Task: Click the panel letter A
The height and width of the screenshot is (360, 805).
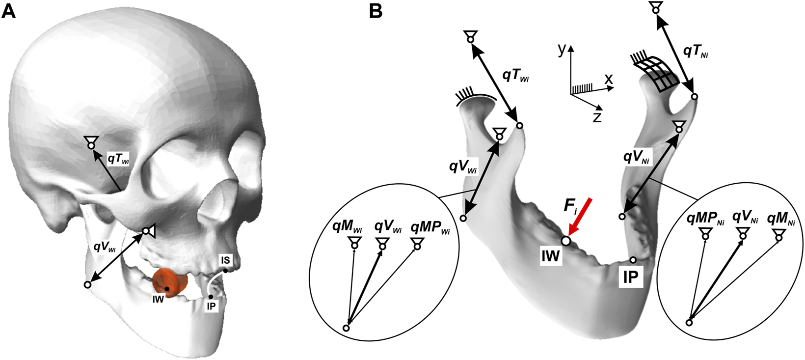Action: click(9, 11)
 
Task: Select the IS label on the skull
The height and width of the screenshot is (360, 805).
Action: click(225, 260)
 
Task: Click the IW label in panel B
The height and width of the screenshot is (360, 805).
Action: click(550, 256)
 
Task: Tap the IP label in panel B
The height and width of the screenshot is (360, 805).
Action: click(631, 277)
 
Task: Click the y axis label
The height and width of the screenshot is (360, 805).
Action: click(563, 49)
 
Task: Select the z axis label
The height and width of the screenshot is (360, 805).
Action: click(597, 117)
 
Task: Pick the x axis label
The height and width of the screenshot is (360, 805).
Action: click(609, 79)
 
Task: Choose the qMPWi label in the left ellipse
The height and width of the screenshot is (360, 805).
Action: click(430, 228)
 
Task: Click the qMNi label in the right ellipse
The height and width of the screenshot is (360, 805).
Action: click(781, 219)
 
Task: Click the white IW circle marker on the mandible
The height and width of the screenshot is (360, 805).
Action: click(565, 241)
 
